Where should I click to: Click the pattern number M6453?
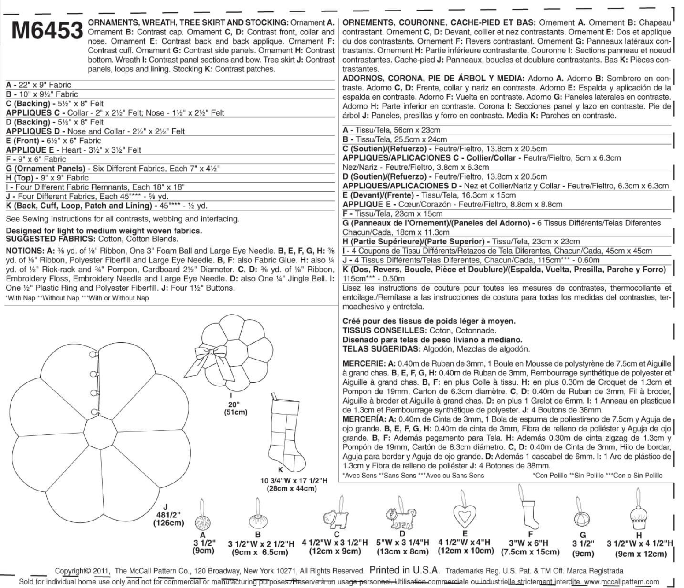coord(47,30)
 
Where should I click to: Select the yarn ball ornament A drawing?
coord(203,522)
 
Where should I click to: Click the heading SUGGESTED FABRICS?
coord(50,239)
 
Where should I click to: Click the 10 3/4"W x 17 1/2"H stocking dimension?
coord(294,484)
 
